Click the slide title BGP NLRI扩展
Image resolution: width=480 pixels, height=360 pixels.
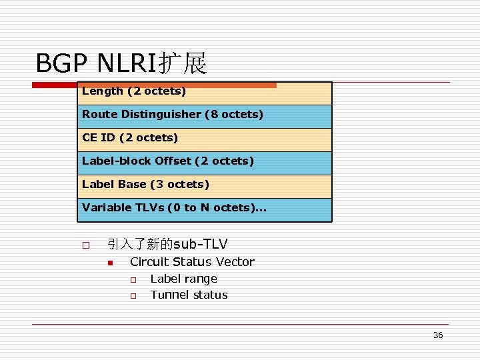coord(121,64)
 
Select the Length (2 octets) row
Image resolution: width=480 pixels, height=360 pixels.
coord(205,92)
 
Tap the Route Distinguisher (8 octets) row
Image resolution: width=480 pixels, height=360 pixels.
coord(205,115)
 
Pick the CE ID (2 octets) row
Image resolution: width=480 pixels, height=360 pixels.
coord(205,139)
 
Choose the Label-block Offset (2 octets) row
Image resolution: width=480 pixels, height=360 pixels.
coord(205,162)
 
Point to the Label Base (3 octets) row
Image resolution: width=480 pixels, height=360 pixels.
coord(205,185)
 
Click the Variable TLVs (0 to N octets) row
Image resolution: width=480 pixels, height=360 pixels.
coord(205,209)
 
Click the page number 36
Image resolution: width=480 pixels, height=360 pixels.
coord(438,335)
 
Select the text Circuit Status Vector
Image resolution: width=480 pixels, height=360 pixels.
coord(192,262)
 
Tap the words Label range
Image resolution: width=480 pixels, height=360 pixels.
coord(183,279)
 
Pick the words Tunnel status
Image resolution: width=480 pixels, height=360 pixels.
coord(189,295)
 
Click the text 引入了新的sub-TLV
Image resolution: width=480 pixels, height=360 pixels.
coord(167,244)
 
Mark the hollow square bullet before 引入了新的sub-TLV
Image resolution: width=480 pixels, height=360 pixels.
coord(85,245)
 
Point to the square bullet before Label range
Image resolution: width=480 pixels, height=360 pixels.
coord(133,279)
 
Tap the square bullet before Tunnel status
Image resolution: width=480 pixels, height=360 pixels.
coord(133,295)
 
